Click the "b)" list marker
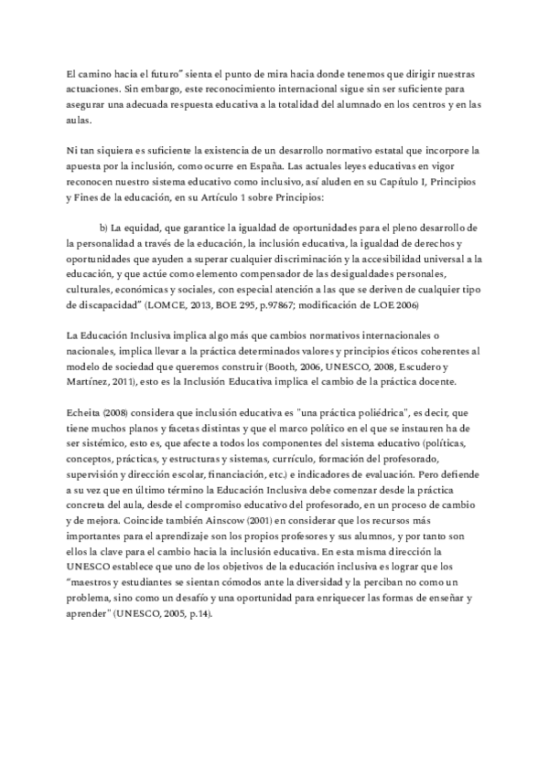(103, 227)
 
